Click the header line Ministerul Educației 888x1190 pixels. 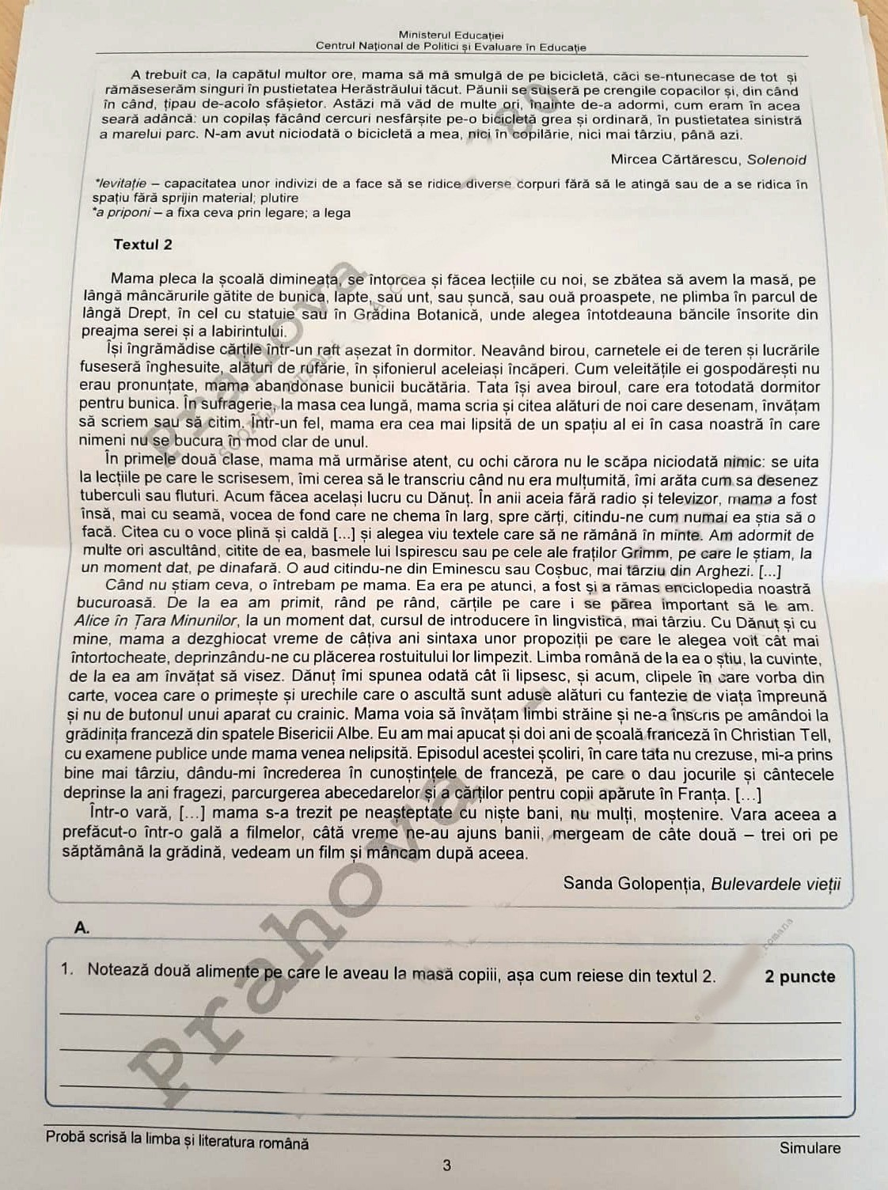tap(451, 35)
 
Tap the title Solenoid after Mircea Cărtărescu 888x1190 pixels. tap(777, 160)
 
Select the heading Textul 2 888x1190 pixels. tap(142, 244)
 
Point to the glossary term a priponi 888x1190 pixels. tap(123, 213)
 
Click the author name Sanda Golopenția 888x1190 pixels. tap(633, 883)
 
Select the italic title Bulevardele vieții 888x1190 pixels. tap(776, 884)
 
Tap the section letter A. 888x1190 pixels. tap(82, 928)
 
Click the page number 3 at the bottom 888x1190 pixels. tap(447, 1165)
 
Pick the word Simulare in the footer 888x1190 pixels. tap(810, 1148)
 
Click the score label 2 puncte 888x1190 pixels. tap(800, 976)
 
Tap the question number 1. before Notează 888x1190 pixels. tap(67, 969)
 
